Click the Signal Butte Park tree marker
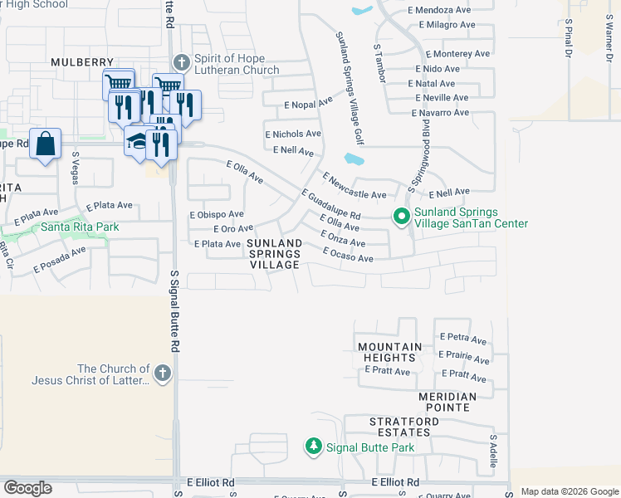[x=314, y=447]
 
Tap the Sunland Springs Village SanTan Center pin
[x=402, y=217]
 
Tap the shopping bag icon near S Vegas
[x=46, y=143]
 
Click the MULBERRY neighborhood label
[x=82, y=62]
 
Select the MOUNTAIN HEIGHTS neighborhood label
[x=390, y=352]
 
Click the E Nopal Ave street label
[x=308, y=103]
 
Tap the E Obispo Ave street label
[x=217, y=214]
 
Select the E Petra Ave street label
[x=463, y=338]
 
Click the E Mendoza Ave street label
[x=442, y=10]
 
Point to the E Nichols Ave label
[x=293, y=134]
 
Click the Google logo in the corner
[x=28, y=488]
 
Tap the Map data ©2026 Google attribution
[x=570, y=491]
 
